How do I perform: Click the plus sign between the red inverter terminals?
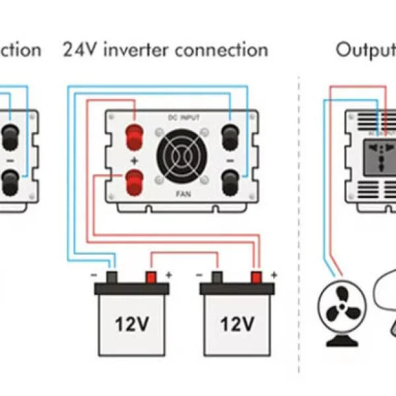tap(135, 158)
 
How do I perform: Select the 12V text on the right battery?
tap(237, 325)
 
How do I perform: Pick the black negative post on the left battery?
tap(112, 277)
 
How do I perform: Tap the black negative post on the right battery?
tap(216, 277)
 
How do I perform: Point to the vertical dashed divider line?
tap(299, 198)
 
